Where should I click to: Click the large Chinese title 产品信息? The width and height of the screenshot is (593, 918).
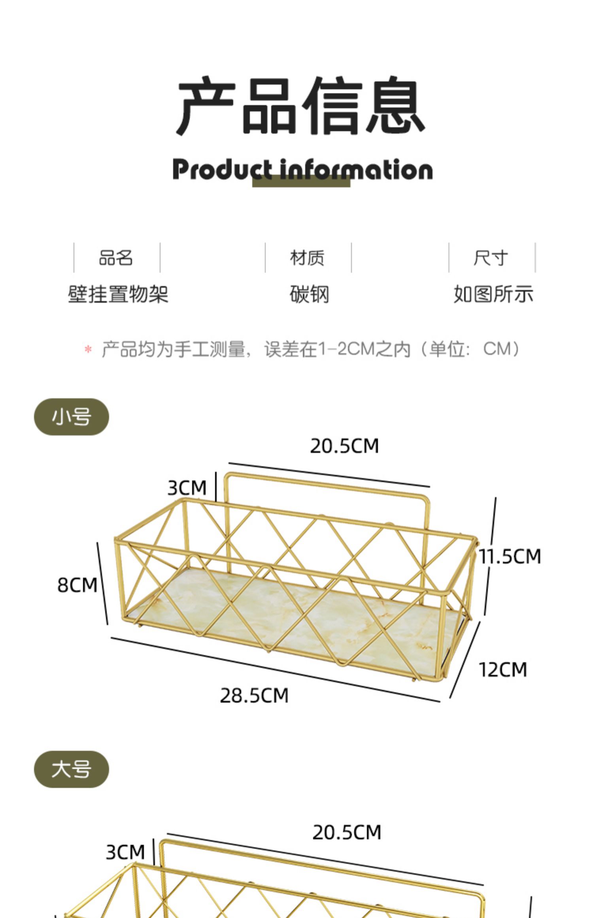click(301, 106)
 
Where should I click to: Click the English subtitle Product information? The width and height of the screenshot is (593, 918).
click(302, 170)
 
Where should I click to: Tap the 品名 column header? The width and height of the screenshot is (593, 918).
click(116, 258)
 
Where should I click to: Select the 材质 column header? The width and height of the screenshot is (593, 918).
click(307, 258)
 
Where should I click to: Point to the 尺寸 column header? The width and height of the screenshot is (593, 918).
click(491, 258)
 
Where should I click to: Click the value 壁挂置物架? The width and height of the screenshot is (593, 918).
click(118, 295)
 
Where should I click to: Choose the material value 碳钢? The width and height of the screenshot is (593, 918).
click(309, 295)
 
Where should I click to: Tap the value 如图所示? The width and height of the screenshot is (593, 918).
click(493, 295)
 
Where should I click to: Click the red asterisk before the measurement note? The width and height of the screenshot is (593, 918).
click(88, 350)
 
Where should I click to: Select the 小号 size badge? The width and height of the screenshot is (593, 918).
click(72, 417)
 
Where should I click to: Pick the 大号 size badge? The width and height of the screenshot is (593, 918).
click(72, 769)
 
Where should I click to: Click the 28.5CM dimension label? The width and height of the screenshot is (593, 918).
click(254, 695)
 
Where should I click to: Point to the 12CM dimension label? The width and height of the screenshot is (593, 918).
click(503, 670)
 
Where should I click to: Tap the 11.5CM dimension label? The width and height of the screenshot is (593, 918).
click(510, 556)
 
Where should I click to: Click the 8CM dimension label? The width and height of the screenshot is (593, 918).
click(77, 585)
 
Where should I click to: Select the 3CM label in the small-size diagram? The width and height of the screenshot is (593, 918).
click(187, 488)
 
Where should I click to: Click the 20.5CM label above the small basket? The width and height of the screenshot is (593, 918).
click(344, 446)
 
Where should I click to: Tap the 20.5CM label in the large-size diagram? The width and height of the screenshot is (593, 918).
click(347, 832)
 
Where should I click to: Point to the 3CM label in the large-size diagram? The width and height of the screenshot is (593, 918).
click(125, 852)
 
